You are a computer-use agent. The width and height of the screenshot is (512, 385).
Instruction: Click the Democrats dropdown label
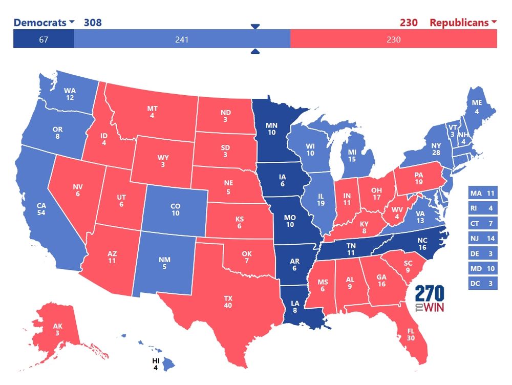click(44, 23)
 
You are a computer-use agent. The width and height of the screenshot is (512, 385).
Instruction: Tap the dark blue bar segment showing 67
click(44, 39)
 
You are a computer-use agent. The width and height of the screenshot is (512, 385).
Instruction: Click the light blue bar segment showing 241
click(182, 39)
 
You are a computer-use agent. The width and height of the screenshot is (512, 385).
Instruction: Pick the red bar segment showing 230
click(393, 39)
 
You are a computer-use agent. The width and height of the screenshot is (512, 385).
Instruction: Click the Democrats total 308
click(93, 23)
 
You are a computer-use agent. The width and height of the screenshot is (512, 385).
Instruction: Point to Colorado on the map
click(176, 209)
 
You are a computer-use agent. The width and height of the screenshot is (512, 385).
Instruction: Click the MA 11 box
click(483, 194)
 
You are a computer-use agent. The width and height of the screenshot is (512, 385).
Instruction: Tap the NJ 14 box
click(483, 239)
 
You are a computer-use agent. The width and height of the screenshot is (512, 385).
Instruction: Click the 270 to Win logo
click(430, 300)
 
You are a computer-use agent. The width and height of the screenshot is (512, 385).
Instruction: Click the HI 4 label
click(156, 363)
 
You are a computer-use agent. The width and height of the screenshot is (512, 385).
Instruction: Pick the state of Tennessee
click(351, 249)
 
